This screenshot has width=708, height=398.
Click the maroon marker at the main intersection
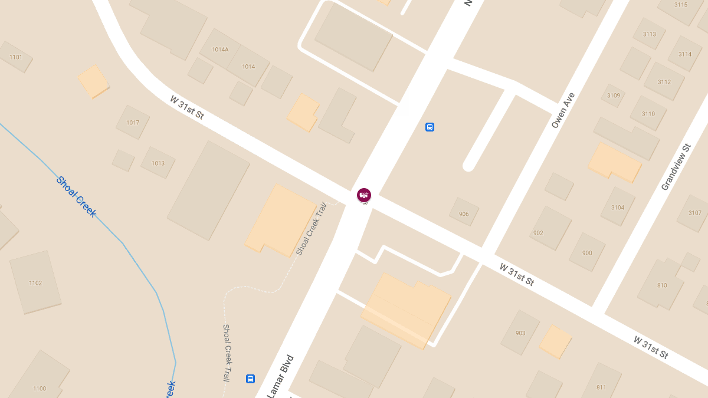[364, 195]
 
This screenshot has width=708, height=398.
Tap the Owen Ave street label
[563, 110]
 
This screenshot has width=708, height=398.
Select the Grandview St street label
[676, 167]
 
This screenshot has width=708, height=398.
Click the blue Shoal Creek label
[76, 197]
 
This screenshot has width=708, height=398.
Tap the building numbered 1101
[16, 57]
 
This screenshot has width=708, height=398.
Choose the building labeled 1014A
[220, 50]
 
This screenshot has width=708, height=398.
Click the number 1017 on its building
[133, 123]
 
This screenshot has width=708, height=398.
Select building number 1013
[158, 163]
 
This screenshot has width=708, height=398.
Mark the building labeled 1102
[35, 283]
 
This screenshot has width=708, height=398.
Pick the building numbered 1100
[40, 388]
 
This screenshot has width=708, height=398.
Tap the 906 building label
[464, 214]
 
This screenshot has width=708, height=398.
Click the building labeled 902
[538, 233]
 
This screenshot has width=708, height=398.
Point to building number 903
[520, 333]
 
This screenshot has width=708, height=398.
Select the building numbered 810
[662, 285]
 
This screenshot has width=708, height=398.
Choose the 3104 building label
[618, 208]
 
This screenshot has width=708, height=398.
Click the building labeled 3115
[681, 5]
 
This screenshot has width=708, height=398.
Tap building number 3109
[614, 96]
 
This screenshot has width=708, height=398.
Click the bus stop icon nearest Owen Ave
[430, 127]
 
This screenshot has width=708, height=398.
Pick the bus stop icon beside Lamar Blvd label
[250, 379]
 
